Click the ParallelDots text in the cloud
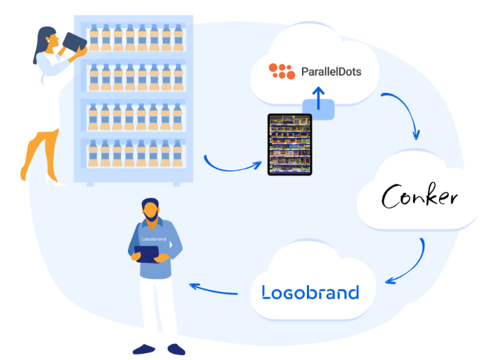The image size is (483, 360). pyautogui.click(x=331, y=72)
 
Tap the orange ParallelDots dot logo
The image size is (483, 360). pyautogui.click(x=282, y=71)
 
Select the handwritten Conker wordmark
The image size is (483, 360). pyautogui.click(x=419, y=196)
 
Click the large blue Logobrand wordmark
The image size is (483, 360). pyautogui.click(x=310, y=292)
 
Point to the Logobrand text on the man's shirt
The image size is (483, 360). pyautogui.click(x=154, y=239)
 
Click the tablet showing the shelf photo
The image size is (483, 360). pyautogui.click(x=289, y=145)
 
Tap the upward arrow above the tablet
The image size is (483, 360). pyautogui.click(x=318, y=99)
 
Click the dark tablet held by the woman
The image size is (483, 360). pyautogui.click(x=74, y=43)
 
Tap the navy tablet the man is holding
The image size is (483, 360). pyautogui.click(x=147, y=254)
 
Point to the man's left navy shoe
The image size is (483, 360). pyautogui.click(x=144, y=350)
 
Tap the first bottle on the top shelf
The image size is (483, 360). pyautogui.click(x=94, y=38)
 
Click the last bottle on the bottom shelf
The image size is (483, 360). pyautogui.click(x=177, y=153)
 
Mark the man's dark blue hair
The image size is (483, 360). pyautogui.click(x=150, y=203)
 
